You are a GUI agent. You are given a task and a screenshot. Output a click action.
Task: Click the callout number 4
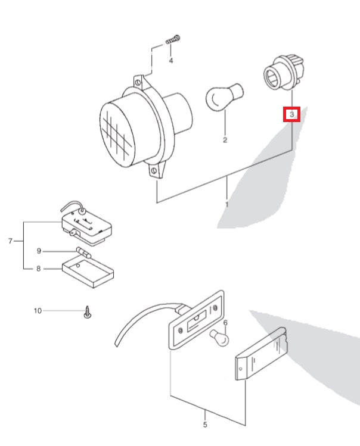(x=171, y=61)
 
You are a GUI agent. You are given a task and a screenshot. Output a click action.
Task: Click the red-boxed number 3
(x=291, y=113)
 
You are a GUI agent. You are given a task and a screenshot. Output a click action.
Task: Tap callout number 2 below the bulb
(x=225, y=141)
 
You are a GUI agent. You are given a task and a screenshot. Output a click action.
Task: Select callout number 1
(x=226, y=204)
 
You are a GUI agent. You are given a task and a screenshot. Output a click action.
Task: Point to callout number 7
(x=10, y=241)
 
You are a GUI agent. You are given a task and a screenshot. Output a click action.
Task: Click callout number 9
(x=39, y=251)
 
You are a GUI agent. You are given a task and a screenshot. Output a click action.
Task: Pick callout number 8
(x=39, y=269)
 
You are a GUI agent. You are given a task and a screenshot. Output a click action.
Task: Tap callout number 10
(x=38, y=310)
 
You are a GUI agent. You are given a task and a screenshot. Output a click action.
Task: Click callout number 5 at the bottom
(x=205, y=425)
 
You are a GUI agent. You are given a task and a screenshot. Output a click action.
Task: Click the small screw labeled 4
(x=173, y=39)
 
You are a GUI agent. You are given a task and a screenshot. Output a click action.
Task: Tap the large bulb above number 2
(x=222, y=96)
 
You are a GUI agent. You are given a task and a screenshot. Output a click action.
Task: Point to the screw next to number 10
(x=88, y=312)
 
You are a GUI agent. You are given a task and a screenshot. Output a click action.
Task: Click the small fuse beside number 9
(x=83, y=252)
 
